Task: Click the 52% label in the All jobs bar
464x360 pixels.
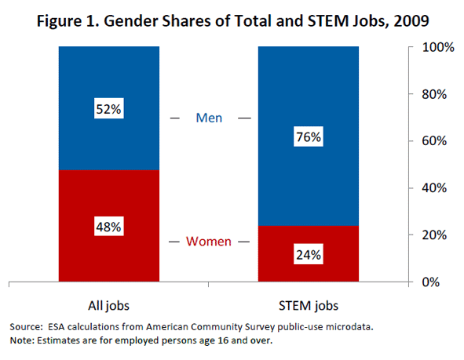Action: [x=109, y=110]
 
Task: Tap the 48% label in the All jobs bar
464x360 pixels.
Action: [x=109, y=227]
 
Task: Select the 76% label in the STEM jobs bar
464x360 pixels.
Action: [x=309, y=136]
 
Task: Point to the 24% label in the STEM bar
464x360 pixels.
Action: [x=309, y=254]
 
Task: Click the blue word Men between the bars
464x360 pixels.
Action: [x=209, y=118]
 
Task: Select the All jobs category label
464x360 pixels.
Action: [x=108, y=304]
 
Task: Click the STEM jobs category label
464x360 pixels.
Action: [x=309, y=304]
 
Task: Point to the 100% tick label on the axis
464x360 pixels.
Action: [x=439, y=47]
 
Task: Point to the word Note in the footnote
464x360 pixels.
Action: [x=21, y=340]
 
